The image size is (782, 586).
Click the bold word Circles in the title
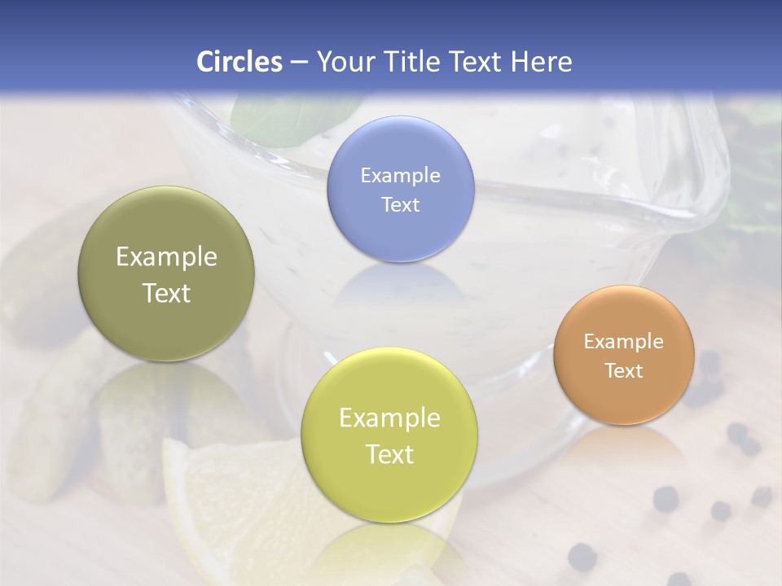(x=239, y=62)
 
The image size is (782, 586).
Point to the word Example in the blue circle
(x=400, y=175)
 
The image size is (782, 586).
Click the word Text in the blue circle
(x=400, y=204)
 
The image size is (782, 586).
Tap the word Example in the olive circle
(x=166, y=257)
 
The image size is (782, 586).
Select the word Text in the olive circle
(x=166, y=293)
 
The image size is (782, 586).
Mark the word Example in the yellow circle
(x=389, y=418)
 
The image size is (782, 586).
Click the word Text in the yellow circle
(x=389, y=454)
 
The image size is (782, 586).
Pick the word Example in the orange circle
(x=623, y=341)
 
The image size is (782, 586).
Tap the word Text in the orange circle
(x=623, y=370)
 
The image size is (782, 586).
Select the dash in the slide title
(x=298, y=62)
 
